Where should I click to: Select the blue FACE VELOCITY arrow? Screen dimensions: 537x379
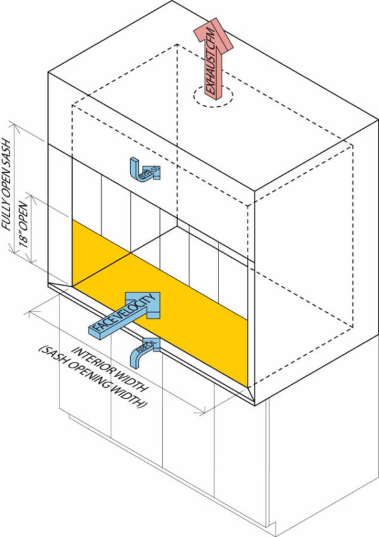click(x=126, y=317)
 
